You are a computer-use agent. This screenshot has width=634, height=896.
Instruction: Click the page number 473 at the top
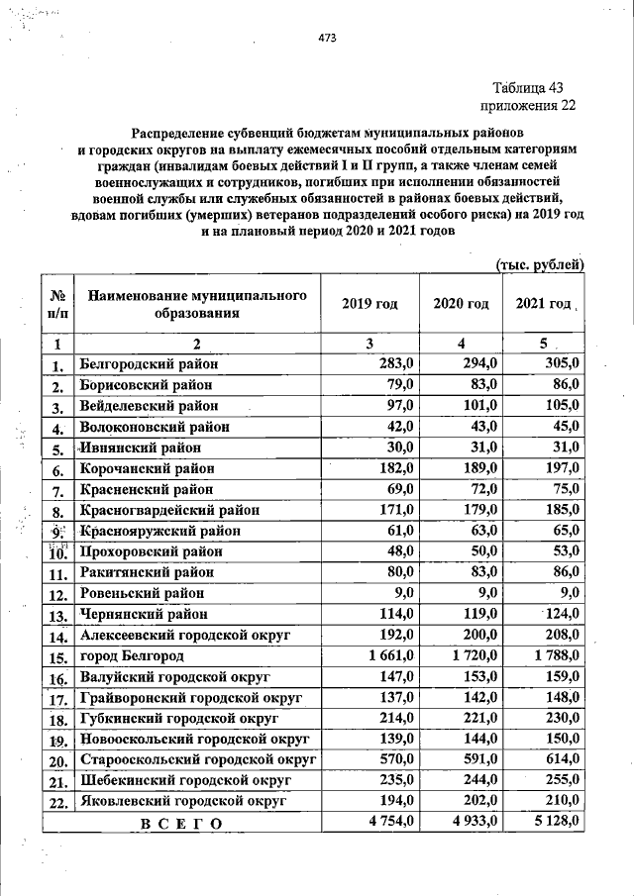328,39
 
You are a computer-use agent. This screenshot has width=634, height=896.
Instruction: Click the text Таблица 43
533,87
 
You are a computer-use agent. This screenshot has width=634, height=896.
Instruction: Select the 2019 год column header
370,304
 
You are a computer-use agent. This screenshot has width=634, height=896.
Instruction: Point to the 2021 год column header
544,304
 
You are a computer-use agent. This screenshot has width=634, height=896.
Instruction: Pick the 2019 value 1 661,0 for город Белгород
387,655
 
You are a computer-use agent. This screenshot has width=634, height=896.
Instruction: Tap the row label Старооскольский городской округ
197,759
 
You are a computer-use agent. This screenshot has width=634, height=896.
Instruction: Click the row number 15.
58,657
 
